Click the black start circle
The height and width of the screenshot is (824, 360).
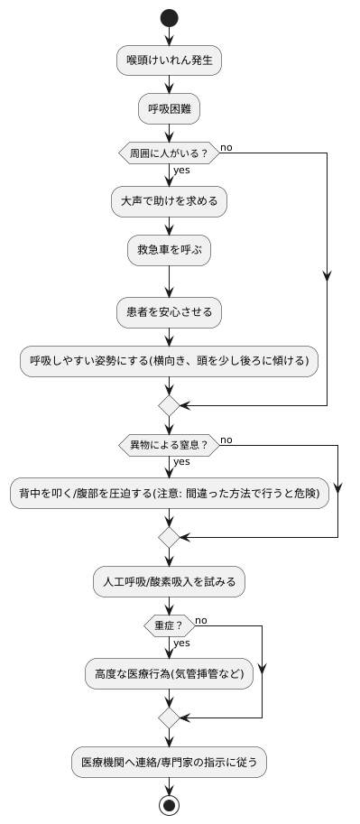169,18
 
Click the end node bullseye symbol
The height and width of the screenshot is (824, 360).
169,803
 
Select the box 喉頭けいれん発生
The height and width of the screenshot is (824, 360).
169,61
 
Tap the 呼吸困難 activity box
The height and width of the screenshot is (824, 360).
169,109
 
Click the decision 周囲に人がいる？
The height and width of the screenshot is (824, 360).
169,153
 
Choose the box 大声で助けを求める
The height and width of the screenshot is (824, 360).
169,201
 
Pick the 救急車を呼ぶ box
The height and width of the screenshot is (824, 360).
169,250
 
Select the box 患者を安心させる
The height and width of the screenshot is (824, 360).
169,312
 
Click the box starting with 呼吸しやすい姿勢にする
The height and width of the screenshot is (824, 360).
169,360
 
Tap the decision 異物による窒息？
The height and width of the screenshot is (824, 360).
169,445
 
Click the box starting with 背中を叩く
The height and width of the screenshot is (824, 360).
169,493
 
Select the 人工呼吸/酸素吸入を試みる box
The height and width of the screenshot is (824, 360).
169,582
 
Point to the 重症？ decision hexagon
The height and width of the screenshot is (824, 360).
169,625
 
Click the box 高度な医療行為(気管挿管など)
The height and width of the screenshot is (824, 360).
169,674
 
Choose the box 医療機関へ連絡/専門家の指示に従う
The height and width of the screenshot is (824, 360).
169,762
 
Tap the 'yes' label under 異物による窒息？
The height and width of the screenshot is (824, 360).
181,461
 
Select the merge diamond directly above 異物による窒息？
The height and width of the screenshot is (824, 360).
169,406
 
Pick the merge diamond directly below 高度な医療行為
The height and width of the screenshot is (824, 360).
169,718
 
